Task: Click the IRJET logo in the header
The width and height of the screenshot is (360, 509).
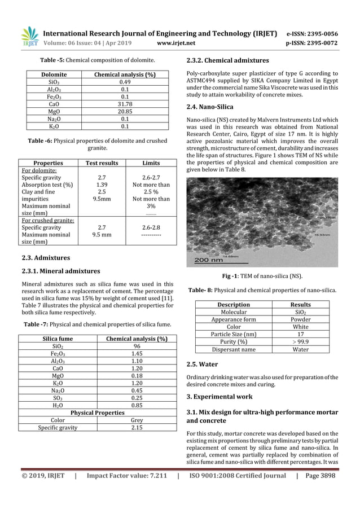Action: (x=29, y=35)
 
